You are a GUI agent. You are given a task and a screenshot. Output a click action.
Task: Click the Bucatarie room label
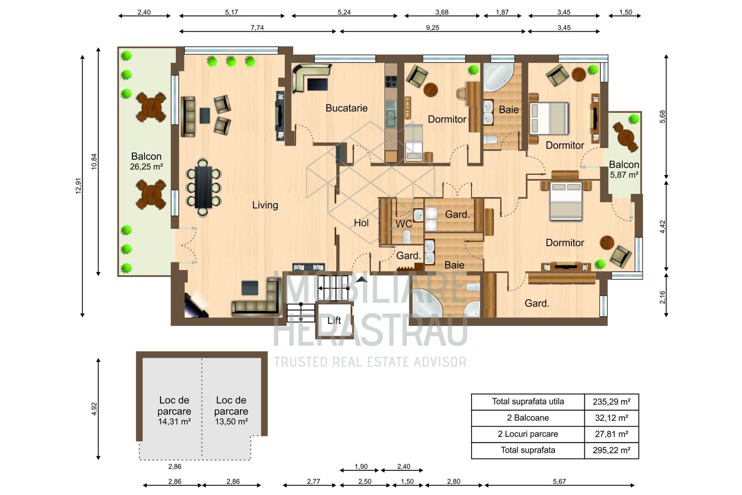pyautogui.click(x=346, y=108)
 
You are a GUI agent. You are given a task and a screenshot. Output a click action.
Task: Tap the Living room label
pyautogui.click(x=265, y=205)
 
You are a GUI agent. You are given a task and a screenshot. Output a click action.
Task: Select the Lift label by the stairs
pyautogui.click(x=334, y=320)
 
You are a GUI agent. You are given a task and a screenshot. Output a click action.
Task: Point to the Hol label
pyautogui.click(x=361, y=223)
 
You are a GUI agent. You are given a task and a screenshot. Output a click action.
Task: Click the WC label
pyautogui.click(x=404, y=224)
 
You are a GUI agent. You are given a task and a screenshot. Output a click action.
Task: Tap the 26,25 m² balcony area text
pyautogui.click(x=146, y=167)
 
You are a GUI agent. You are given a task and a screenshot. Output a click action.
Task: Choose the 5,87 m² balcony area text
pyautogui.click(x=624, y=175)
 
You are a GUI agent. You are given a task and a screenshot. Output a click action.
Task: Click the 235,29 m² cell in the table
pyautogui.click(x=611, y=401)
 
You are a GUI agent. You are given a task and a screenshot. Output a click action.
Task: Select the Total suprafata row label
pyautogui.click(x=528, y=450)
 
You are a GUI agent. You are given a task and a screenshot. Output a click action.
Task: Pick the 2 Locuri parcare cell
pyautogui.click(x=528, y=434)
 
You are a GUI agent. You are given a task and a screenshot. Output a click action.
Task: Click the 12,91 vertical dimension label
pyautogui.click(x=78, y=186)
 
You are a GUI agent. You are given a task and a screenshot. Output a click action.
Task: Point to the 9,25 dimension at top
pyautogui.click(x=432, y=28)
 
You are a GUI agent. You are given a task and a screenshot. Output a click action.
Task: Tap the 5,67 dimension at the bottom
pyautogui.click(x=559, y=481)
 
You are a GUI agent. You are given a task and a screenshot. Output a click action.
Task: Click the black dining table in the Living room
pyautogui.click(x=203, y=187)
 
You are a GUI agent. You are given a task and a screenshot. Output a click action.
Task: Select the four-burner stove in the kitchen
pyautogui.click(x=391, y=81)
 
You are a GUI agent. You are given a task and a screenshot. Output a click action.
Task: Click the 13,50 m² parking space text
pyautogui.click(x=231, y=422)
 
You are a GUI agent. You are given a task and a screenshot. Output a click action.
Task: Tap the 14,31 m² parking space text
pyautogui.click(x=174, y=422)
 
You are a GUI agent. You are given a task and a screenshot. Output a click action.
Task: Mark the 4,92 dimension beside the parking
pyautogui.click(x=94, y=409)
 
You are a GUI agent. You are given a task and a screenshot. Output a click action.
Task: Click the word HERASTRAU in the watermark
pyautogui.click(x=370, y=330)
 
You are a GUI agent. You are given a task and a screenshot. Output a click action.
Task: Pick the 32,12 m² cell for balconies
pyautogui.click(x=611, y=418)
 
